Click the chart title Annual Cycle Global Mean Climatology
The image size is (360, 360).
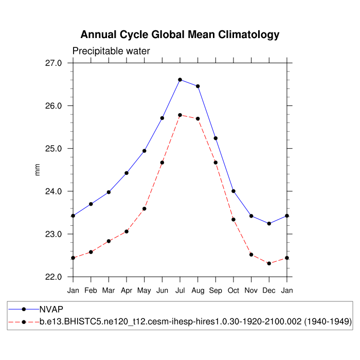coord(180,35)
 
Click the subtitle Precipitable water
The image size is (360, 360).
coord(111,51)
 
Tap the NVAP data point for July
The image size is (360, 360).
coord(180,80)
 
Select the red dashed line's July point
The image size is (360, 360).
coord(180,115)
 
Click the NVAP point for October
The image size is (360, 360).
coord(233,191)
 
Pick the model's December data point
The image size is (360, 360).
coord(269,263)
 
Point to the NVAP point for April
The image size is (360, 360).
coord(127,173)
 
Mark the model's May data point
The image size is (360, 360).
coord(145,209)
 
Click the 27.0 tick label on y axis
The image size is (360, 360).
coord(53,63)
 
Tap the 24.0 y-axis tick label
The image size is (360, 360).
coord(53,191)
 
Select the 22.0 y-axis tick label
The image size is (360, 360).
coord(53,277)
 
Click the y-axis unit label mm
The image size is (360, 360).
coord(37,170)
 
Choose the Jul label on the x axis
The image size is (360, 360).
coord(180,291)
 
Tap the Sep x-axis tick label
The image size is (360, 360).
coord(215,291)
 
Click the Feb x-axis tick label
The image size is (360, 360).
coord(91,291)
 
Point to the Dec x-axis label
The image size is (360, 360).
coord(269,291)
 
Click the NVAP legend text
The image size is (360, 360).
coord(51,310)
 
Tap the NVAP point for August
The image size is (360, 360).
coord(198,86)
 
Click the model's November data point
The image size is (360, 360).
coord(251,255)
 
